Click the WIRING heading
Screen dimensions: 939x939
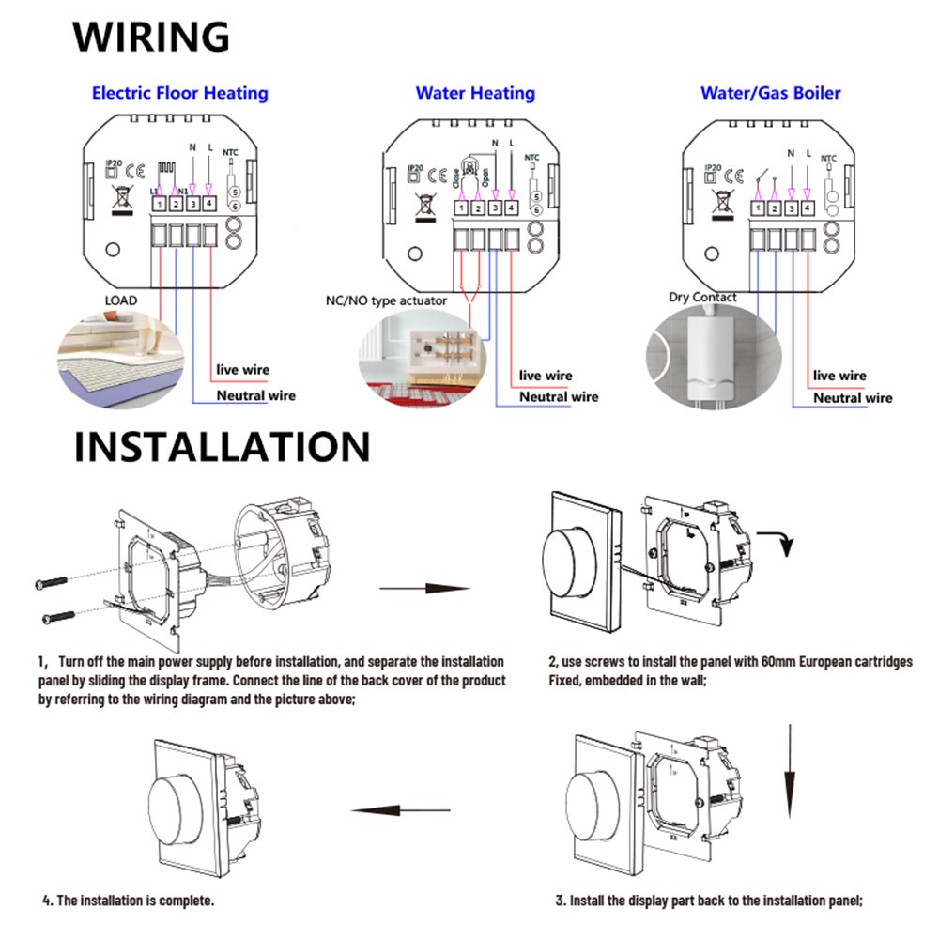pyautogui.click(x=151, y=37)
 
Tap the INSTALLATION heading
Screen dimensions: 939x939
pyautogui.click(x=222, y=447)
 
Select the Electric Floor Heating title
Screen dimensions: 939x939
pyautogui.click(x=179, y=93)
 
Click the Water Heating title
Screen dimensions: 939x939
pyautogui.click(x=475, y=93)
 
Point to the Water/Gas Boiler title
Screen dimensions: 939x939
pyautogui.click(x=770, y=93)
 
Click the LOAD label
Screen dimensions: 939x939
pyautogui.click(x=119, y=300)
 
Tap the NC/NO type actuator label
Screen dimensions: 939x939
pyautogui.click(x=385, y=300)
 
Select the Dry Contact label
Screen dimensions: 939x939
pyautogui.click(x=702, y=297)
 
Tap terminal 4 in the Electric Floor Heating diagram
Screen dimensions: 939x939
pyautogui.click(x=208, y=204)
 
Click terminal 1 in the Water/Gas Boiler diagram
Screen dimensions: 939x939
pyautogui.click(x=758, y=208)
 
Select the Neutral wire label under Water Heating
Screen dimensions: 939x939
pyautogui.click(x=560, y=396)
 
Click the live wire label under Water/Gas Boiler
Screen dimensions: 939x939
pyautogui.click(x=839, y=376)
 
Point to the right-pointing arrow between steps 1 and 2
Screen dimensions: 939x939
pyautogui.click(x=423, y=589)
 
